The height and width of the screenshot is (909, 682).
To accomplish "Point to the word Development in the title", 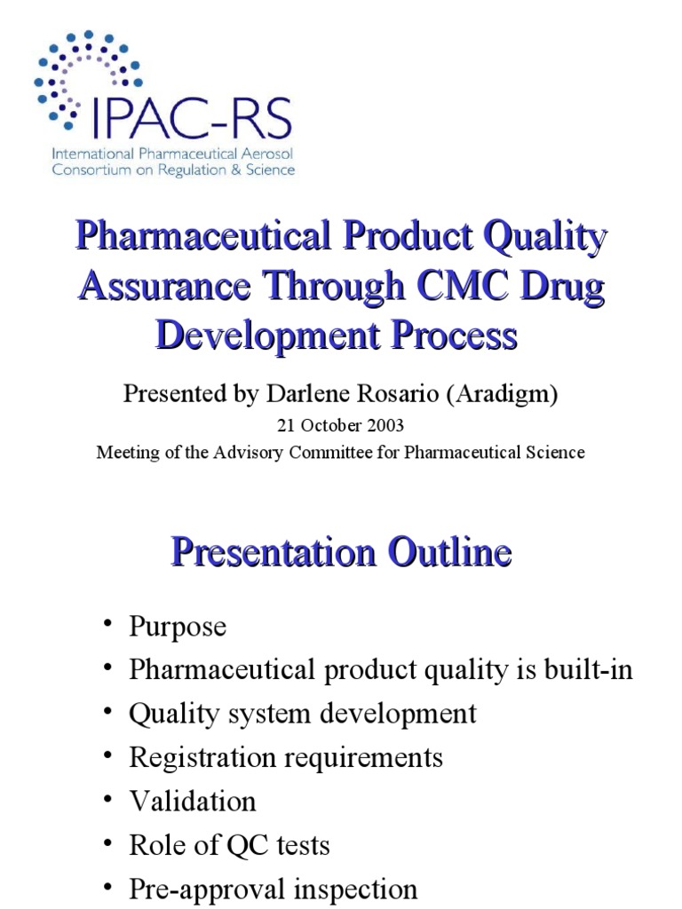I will point(259,336).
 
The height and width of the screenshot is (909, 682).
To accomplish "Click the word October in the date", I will point(332,425).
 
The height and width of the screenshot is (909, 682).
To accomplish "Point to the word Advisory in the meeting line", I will point(253,452).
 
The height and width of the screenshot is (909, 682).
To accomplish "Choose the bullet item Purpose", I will point(178,627).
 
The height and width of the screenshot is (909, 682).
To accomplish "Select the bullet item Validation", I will point(193,802).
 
